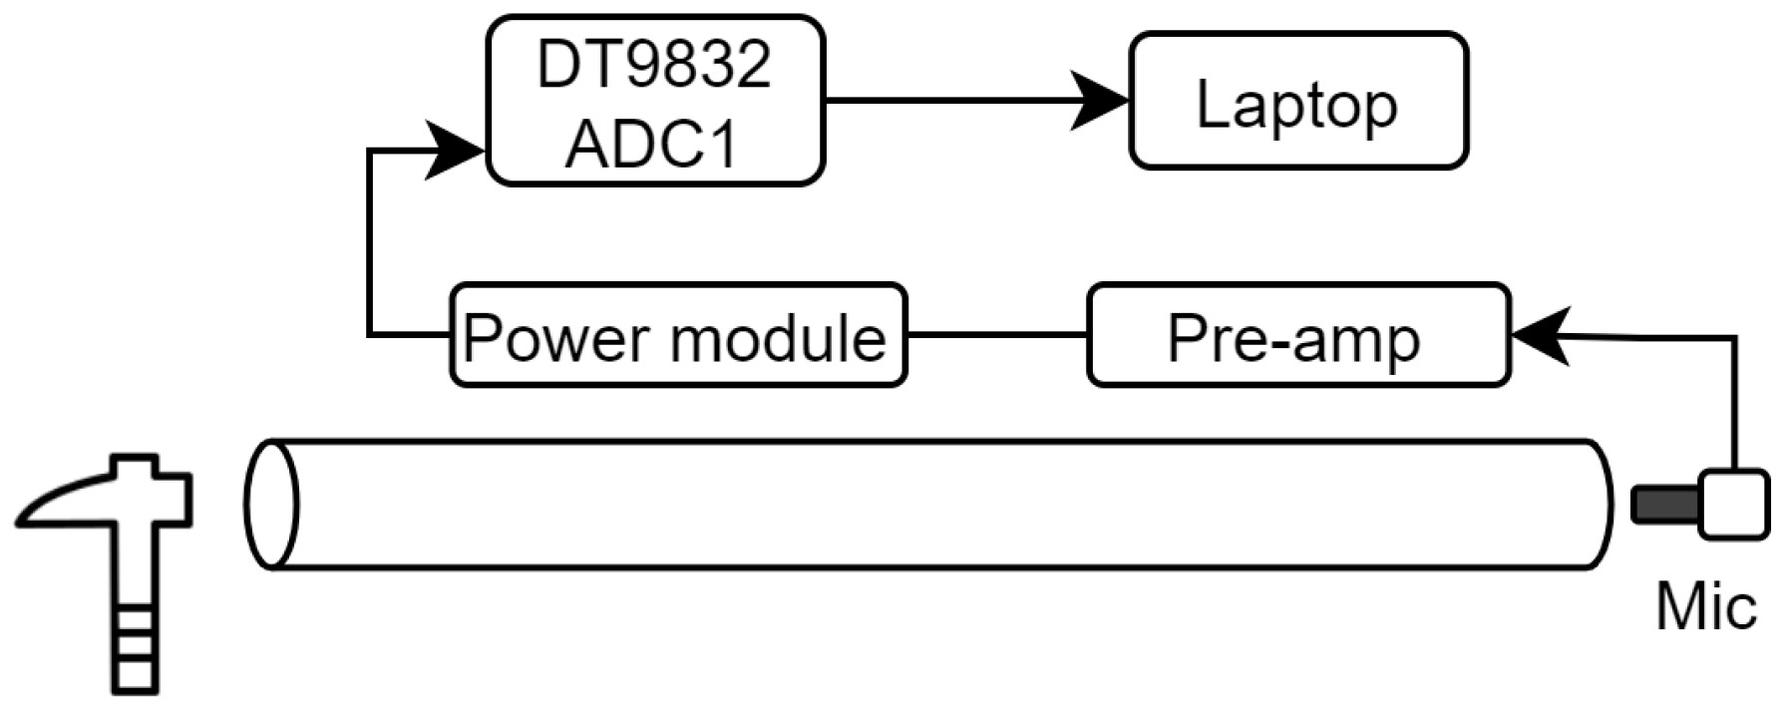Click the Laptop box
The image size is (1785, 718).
[1298, 101]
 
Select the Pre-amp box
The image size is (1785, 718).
[1298, 336]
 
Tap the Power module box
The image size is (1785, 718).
[678, 336]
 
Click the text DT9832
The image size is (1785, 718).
[654, 64]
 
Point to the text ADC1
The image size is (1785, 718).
[654, 143]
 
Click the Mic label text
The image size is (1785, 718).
[1705, 606]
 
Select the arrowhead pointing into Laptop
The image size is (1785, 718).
[1102, 100]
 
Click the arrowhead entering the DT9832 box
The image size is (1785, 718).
[454, 151]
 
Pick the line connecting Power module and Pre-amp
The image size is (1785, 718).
[997, 335]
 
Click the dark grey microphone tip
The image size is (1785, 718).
[1663, 505]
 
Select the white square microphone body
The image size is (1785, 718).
[1734, 504]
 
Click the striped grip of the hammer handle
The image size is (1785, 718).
[134, 648]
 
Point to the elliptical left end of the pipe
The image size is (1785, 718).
[271, 505]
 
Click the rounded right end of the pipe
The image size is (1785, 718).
[1599, 505]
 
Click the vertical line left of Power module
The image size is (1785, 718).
[369, 244]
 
